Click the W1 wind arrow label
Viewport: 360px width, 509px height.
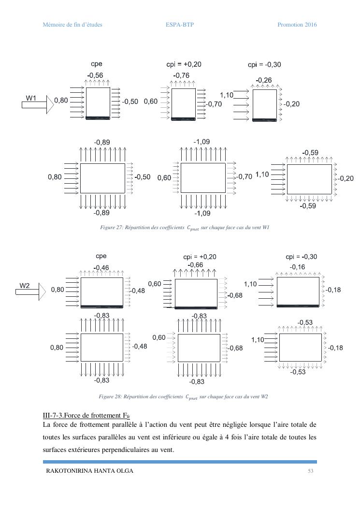click(31, 98)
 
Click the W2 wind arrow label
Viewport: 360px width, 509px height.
click(25, 286)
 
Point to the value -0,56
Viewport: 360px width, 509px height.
click(95, 75)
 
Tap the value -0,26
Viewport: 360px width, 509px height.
click(263, 80)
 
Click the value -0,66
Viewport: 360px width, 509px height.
click(195, 265)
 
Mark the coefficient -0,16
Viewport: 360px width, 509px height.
click(297, 267)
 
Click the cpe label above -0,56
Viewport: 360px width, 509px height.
click(96, 64)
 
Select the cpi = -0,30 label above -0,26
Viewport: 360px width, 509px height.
click(264, 65)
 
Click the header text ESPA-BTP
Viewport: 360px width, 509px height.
click(176, 25)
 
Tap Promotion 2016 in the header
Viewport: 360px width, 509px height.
click(297, 25)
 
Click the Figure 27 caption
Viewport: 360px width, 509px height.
click(184, 227)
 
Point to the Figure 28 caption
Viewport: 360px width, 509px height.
click(183, 397)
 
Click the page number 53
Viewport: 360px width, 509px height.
click(311, 471)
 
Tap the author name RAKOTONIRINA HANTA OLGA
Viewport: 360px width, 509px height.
click(89, 471)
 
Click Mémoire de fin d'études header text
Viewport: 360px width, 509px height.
click(72, 25)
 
